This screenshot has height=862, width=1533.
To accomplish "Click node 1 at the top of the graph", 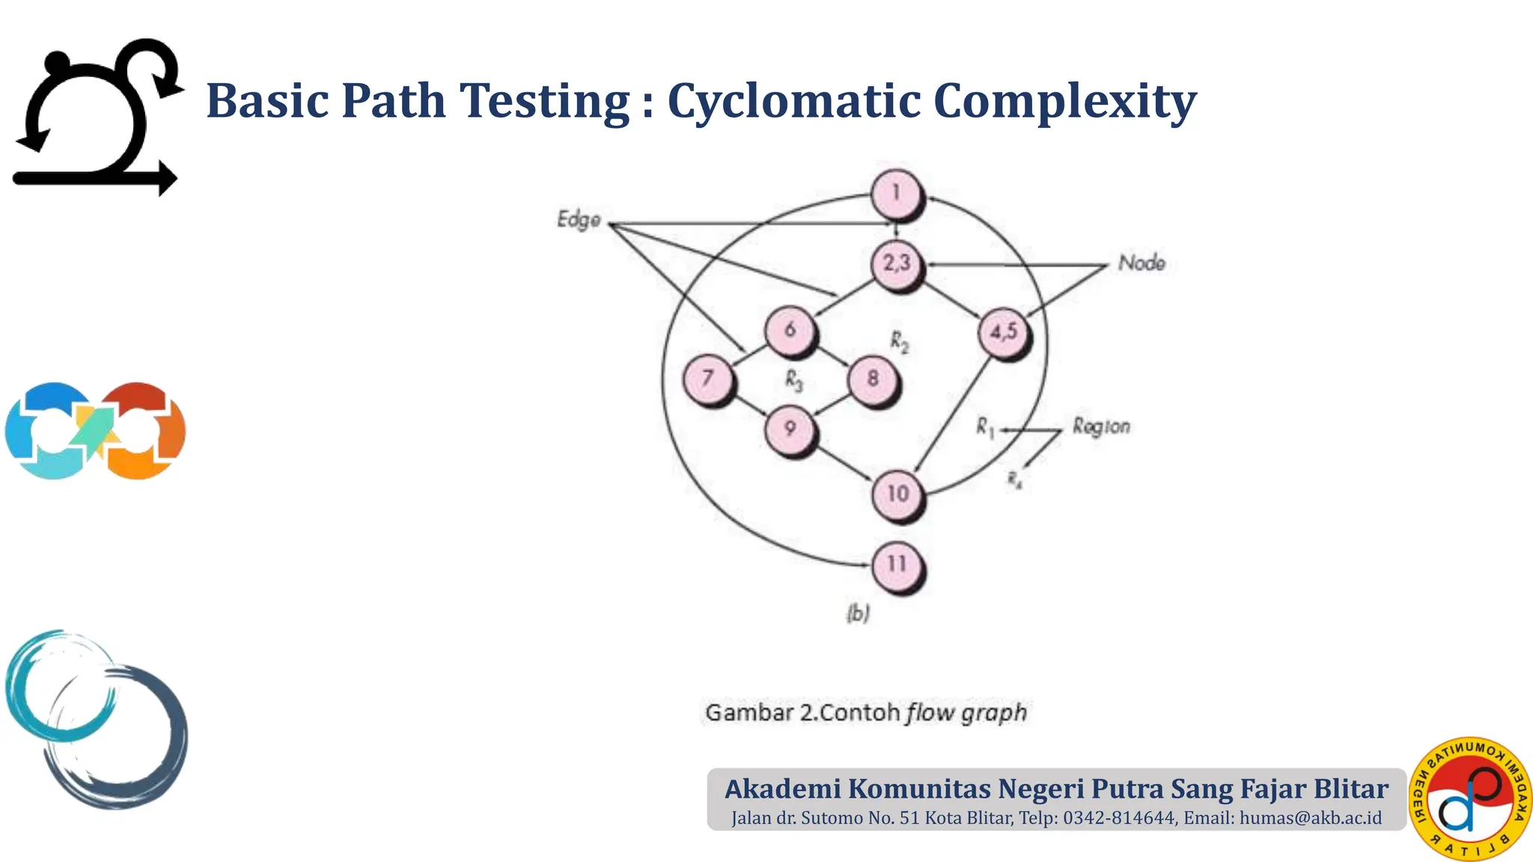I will [897, 195].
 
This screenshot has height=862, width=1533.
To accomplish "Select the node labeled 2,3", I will [897, 263].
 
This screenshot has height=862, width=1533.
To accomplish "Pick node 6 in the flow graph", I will [790, 329].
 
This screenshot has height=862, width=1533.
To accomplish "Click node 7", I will [707, 379].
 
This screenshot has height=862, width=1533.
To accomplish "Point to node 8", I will [873, 379].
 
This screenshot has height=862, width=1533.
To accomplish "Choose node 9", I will [790, 429].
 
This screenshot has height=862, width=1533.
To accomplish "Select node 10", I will [897, 494].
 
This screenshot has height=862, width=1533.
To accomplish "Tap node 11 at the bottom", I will [897, 565].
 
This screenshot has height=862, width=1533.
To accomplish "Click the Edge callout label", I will [579, 219].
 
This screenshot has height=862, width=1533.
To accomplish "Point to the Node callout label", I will [1142, 263].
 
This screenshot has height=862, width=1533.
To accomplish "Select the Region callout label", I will [1100, 427].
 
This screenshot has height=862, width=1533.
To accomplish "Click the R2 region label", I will [899, 343].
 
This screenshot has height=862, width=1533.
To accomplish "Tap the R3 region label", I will [793, 381].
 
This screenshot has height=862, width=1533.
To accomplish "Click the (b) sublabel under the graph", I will [858, 614].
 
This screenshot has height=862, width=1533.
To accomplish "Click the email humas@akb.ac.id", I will [1310, 818].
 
